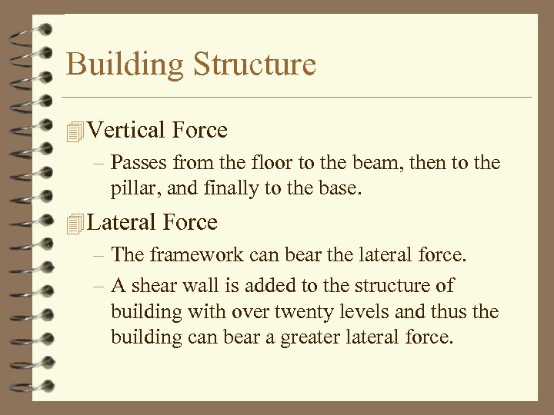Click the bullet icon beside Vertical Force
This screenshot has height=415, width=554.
[74, 131]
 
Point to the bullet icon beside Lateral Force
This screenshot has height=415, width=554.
[74, 224]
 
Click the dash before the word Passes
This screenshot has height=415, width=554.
[100, 164]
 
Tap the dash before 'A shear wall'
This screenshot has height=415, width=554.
[100, 286]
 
